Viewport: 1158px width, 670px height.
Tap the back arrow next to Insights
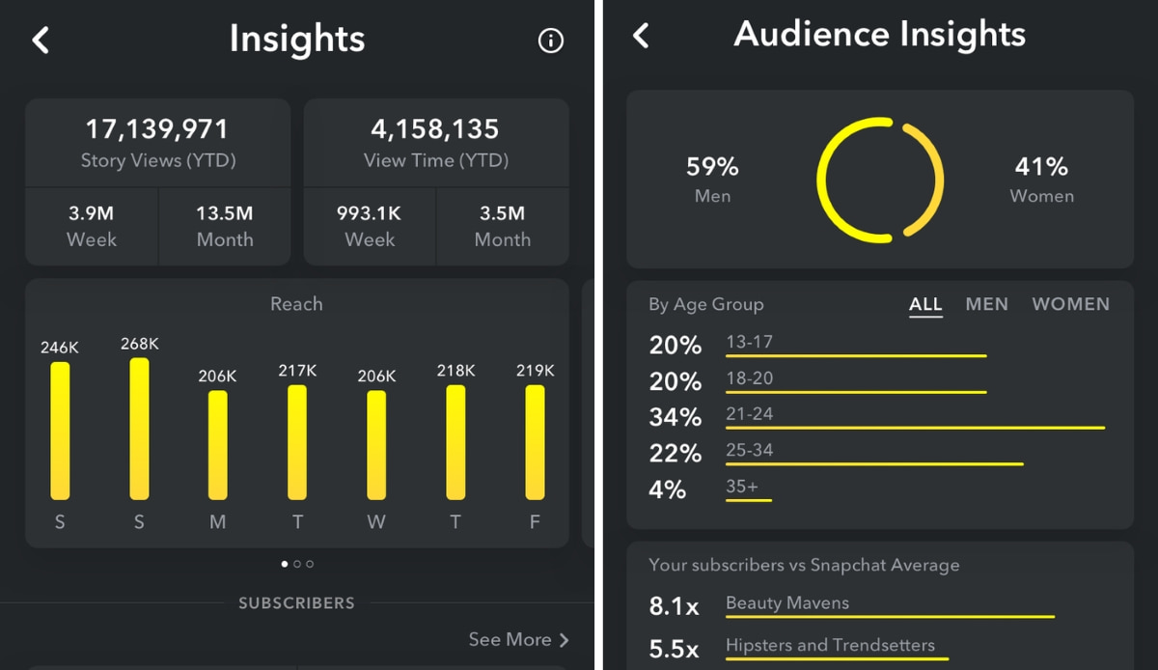tap(40, 41)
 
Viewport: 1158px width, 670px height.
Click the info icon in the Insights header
tap(550, 41)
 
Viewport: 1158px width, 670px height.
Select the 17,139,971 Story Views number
tap(157, 128)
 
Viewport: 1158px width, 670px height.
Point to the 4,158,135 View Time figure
tap(435, 128)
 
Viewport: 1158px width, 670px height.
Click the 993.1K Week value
tap(370, 213)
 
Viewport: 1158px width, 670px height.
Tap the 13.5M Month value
tap(225, 213)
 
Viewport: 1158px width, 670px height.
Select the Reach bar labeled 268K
tap(139, 429)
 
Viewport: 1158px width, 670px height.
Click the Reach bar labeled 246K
tap(60, 431)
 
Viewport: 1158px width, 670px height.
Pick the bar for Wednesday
tap(376, 445)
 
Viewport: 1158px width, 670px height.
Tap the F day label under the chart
tap(535, 522)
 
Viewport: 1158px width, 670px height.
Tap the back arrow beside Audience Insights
tap(641, 37)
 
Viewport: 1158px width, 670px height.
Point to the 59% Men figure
tap(712, 167)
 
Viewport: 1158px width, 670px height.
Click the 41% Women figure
tap(1041, 167)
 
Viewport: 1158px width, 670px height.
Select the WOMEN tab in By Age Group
tap(1070, 304)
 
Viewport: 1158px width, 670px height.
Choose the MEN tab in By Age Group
tap(986, 304)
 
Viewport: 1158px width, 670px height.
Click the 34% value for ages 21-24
tap(675, 417)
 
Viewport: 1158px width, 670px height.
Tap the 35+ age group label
tap(742, 487)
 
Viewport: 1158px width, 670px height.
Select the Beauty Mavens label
tap(787, 603)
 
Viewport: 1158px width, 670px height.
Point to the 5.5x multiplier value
tap(674, 649)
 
